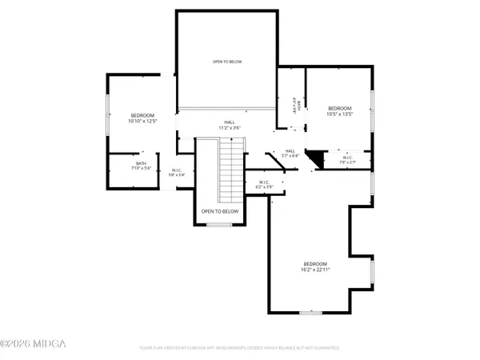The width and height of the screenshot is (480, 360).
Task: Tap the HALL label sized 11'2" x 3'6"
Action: [230, 124]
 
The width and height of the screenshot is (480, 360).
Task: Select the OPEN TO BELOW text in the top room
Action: [226, 61]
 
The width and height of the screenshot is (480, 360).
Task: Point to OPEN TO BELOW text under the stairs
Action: [220, 211]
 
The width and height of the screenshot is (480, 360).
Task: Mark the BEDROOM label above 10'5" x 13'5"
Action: [339, 108]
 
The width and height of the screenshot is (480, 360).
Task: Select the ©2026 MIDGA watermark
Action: [34, 345]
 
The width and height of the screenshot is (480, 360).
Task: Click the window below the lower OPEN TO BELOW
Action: [219, 225]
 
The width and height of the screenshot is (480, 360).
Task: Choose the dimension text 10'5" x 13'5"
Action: [339, 114]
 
